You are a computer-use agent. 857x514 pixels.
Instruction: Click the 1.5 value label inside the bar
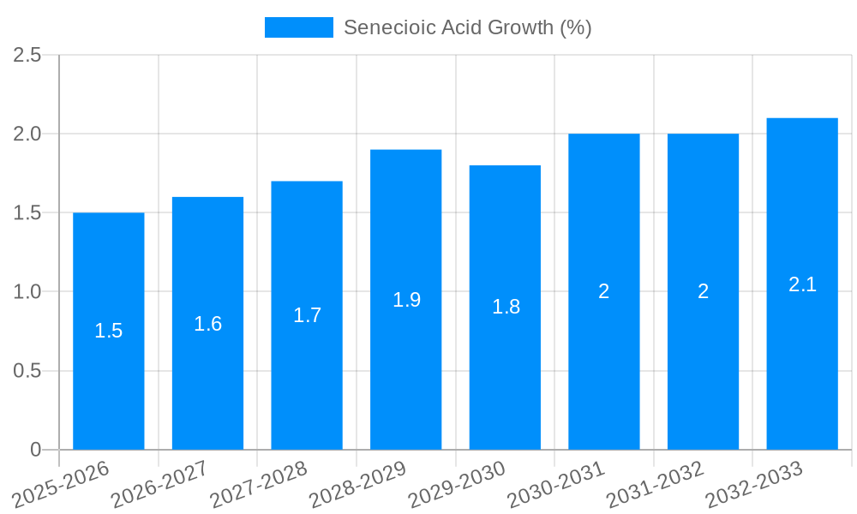[109, 331]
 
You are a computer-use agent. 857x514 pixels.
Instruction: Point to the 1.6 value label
[207, 324]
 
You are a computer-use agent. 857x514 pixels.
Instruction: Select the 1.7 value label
[307, 315]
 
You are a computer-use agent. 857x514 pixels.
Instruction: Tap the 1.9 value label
[406, 300]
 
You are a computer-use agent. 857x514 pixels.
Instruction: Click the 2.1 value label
[802, 284]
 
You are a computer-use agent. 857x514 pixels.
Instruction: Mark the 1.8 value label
[506, 307]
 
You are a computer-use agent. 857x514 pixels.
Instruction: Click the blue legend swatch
[298, 27]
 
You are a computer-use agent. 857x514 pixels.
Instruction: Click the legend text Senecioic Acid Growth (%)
[467, 27]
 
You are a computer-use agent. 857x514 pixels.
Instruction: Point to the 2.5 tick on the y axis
[27, 55]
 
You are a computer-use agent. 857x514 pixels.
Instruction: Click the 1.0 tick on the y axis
[27, 292]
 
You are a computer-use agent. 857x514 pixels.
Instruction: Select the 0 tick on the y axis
[35, 450]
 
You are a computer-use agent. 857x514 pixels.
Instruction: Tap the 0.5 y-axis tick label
[27, 371]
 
